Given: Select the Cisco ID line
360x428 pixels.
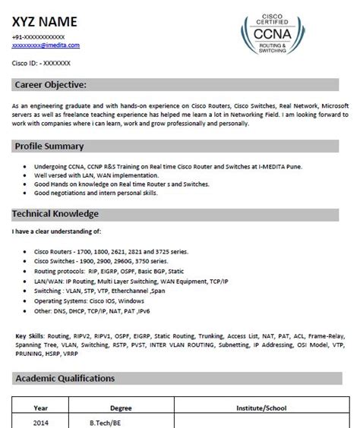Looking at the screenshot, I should click(x=43, y=64).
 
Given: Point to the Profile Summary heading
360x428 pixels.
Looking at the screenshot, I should click(x=49, y=146).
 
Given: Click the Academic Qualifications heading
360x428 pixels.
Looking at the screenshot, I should click(x=66, y=377).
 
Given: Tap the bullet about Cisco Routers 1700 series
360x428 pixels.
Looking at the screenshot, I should click(x=108, y=250).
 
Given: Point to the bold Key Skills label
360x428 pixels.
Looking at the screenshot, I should click(x=30, y=333).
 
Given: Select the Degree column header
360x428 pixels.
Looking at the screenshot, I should click(x=121, y=407).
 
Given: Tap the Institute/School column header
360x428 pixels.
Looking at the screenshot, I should click(x=261, y=407).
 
